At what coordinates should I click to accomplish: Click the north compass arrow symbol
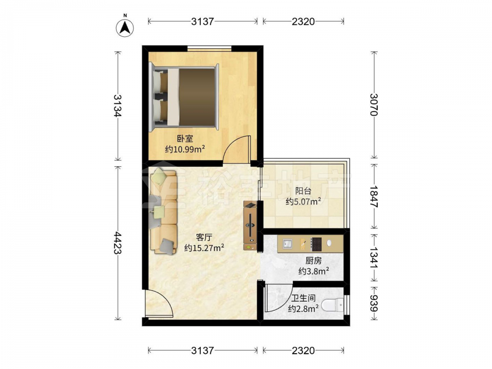point(125,28)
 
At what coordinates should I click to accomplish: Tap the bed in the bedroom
point(184,97)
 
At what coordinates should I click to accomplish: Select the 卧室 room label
point(185,138)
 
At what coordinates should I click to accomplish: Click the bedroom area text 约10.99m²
point(185,149)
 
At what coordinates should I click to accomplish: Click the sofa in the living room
point(163,211)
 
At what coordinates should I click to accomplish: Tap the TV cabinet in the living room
point(250,226)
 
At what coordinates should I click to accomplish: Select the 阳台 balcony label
point(303,191)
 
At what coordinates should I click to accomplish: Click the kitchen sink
point(287,244)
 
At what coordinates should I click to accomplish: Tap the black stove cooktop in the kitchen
point(316,244)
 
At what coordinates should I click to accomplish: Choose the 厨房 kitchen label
point(313,260)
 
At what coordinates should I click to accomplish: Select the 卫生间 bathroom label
point(304,299)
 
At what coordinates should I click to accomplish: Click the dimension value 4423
point(118,243)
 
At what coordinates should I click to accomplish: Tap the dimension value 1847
point(373,196)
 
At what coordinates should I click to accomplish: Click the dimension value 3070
point(373,105)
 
